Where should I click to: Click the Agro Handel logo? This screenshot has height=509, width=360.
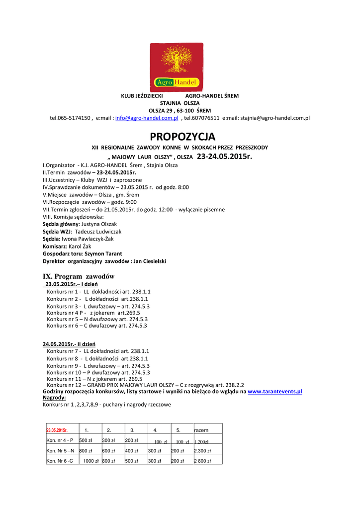pos(177,67)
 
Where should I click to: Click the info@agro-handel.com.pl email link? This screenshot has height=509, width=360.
pos(147,118)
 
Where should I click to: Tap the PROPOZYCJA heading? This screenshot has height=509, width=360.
pos(182,137)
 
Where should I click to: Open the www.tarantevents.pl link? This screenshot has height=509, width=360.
pos(274,392)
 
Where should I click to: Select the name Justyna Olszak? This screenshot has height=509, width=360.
pos(99,224)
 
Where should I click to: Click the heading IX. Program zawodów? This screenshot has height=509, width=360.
pos(79,276)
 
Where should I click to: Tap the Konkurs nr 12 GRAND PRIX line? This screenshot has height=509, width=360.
pos(145,385)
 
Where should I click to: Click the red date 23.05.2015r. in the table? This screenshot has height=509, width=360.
pos(57,430)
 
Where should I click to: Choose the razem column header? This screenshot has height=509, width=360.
pos(201,430)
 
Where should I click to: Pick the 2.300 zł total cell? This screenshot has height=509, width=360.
pos(202,451)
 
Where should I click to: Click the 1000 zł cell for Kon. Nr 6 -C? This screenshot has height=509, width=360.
pos(90,461)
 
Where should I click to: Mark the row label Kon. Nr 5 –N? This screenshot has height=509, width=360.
pos(60,451)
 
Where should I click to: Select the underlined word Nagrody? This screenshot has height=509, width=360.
pos(54,398)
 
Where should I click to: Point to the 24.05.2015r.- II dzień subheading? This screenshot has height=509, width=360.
pos(69,344)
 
